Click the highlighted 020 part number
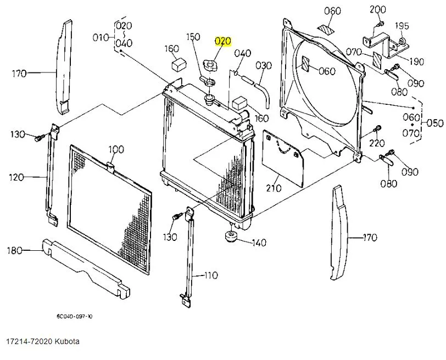pyautogui.click(x=224, y=41)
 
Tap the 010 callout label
pyautogui.click(x=101, y=37)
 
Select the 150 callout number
pyautogui.click(x=193, y=37)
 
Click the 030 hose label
pyautogui.click(x=264, y=66)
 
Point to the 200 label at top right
pyautogui.click(x=378, y=9)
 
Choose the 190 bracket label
pyautogui.click(x=415, y=61)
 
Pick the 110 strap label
pyautogui.click(x=211, y=275)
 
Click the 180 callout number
pyautogui.click(x=14, y=251)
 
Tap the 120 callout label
pyautogui.click(x=16, y=177)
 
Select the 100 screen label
pyautogui.click(x=116, y=149)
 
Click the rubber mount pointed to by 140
pyautogui.click(x=229, y=237)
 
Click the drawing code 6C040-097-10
pyautogui.click(x=74, y=316)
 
